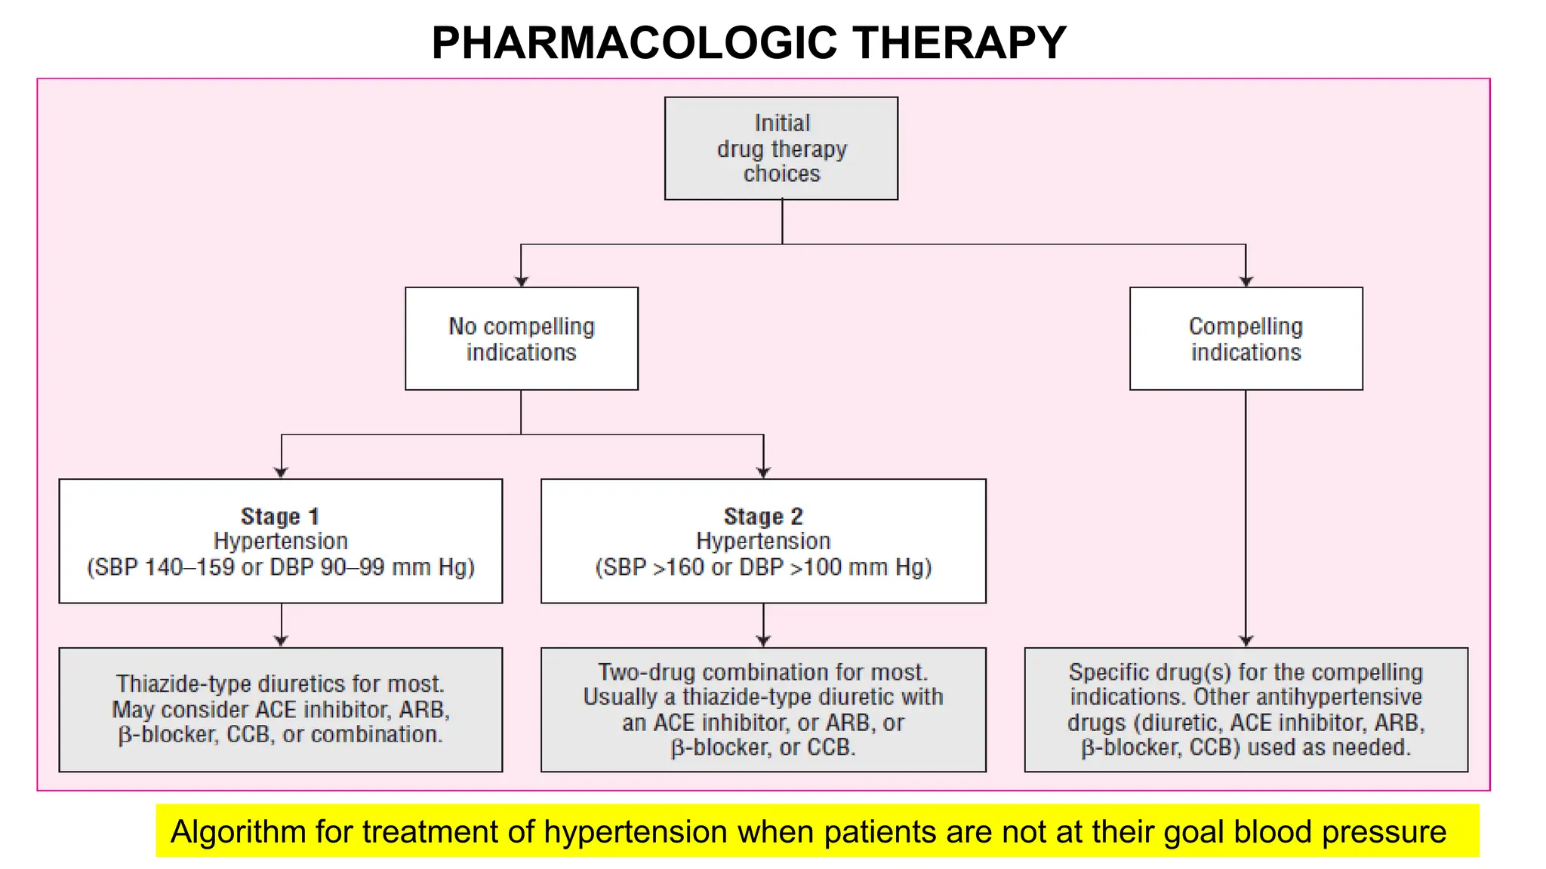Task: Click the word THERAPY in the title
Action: (x=960, y=42)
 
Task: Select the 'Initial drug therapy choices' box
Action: (x=781, y=148)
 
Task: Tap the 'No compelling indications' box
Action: (x=521, y=339)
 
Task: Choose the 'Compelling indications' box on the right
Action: (x=1246, y=339)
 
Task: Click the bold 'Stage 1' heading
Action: (x=280, y=517)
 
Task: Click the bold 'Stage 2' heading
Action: (x=763, y=517)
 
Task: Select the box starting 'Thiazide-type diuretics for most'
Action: (x=280, y=709)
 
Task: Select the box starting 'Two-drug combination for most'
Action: (x=763, y=709)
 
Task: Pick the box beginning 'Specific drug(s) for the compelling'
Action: (x=1246, y=709)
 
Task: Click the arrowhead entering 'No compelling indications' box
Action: (x=521, y=281)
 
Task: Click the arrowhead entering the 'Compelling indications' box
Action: (x=1246, y=281)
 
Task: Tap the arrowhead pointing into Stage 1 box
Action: (x=281, y=473)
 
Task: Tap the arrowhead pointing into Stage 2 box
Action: (x=763, y=473)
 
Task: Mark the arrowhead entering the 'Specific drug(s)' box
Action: (x=1246, y=640)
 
